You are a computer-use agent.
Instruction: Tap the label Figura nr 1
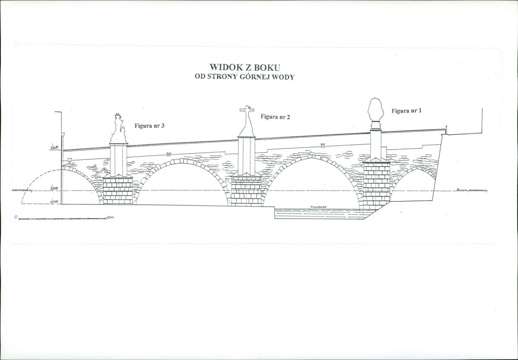(406, 111)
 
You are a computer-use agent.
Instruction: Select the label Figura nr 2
(275, 117)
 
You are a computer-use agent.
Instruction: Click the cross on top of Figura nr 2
(246, 111)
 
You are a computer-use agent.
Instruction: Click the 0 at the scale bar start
(15, 217)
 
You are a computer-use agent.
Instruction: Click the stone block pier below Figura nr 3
(118, 190)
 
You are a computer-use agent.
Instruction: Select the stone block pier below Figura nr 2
(246, 190)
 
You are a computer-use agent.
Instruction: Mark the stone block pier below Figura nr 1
(376, 184)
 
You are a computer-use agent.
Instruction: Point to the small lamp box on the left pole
(63, 134)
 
